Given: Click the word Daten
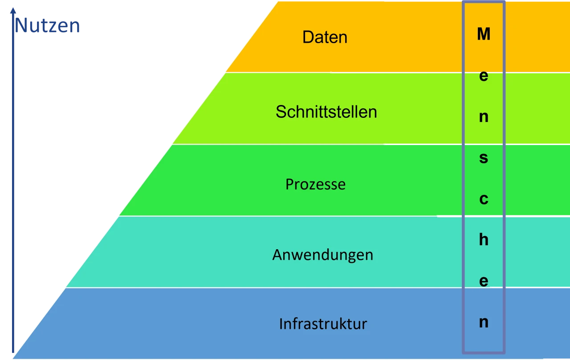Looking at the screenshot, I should (325, 37).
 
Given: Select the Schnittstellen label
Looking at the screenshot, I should (326, 112).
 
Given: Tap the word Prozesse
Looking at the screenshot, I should (315, 184).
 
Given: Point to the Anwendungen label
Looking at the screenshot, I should (322, 255).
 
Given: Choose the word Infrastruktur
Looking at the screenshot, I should (323, 324).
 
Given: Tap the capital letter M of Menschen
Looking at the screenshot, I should (484, 34).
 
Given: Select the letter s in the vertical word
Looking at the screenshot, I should (484, 158).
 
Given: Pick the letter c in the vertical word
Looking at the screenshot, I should (484, 199).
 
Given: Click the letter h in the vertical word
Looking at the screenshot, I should (484, 240).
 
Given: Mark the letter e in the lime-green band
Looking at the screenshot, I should (484, 76).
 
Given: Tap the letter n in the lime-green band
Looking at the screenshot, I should (484, 117).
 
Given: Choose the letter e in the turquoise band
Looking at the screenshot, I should (484, 281).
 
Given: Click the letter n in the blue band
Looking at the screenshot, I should (484, 322).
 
